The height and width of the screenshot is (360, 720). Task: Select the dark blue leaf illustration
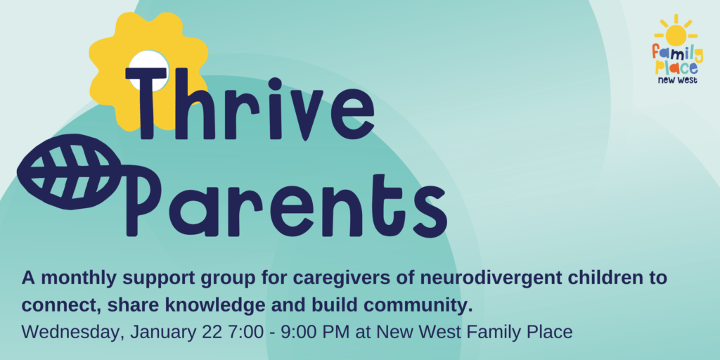tap(69, 172)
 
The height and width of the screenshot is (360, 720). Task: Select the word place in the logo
tap(676, 67)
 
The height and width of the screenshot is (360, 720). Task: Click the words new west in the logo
tap(677, 80)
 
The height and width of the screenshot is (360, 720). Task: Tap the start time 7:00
tap(245, 332)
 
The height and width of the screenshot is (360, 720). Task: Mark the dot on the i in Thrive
tap(275, 84)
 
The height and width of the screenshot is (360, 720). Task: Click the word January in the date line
tap(163, 333)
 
